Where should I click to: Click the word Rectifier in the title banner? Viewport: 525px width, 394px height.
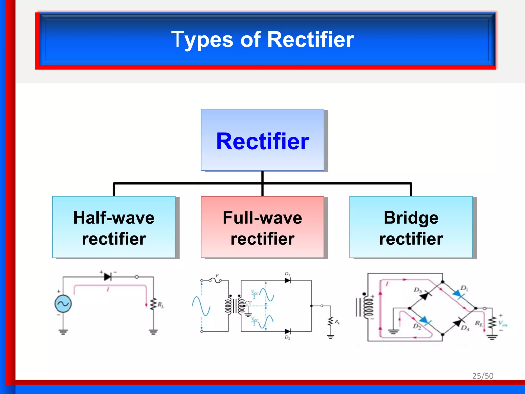point(310,40)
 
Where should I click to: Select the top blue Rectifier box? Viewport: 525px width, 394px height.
point(262,140)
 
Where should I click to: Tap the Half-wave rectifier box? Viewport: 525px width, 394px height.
point(114,227)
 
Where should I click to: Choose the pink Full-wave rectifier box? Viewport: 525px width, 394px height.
point(262,227)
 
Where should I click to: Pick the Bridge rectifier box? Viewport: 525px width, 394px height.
point(411,227)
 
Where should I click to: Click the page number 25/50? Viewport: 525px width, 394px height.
point(483,376)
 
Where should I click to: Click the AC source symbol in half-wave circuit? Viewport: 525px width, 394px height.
point(63,304)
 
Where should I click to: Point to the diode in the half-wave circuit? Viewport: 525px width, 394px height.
point(108,277)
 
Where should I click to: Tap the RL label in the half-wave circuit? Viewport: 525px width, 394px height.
point(161,305)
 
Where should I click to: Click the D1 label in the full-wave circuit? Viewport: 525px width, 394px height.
point(287,274)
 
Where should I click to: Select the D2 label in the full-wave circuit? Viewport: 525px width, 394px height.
point(287,338)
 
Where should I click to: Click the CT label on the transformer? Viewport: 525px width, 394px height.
point(248,303)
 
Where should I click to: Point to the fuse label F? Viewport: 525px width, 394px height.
point(217,276)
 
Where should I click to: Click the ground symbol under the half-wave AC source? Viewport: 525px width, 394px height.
point(63,332)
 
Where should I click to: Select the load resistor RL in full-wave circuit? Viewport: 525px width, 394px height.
point(331,321)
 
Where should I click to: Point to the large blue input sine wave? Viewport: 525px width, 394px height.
point(201,306)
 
